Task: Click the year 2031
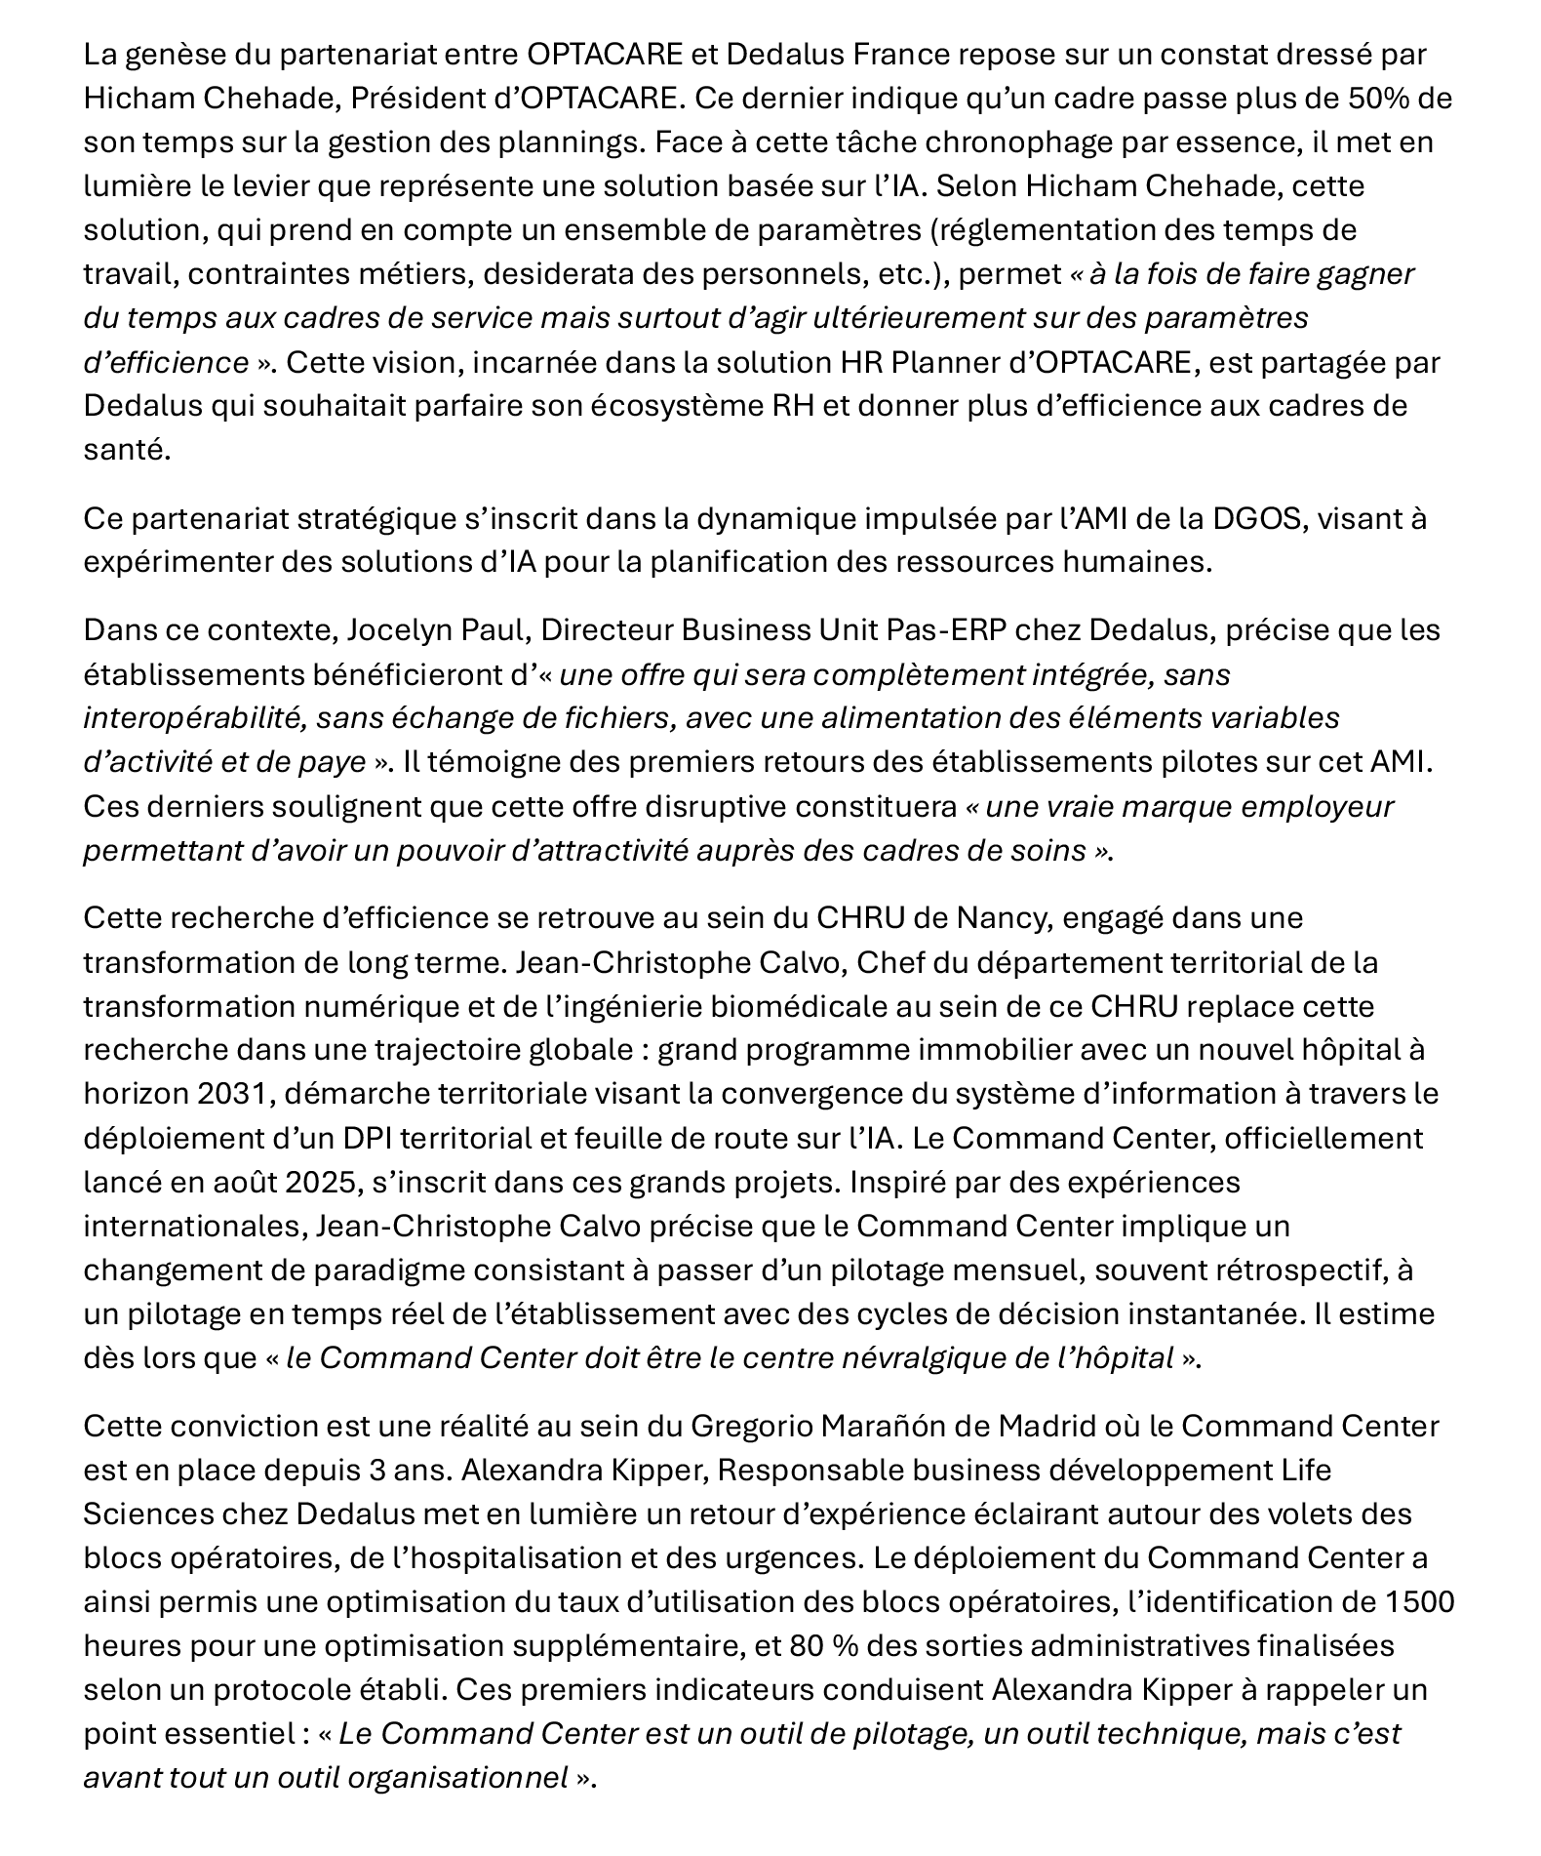232,1094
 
